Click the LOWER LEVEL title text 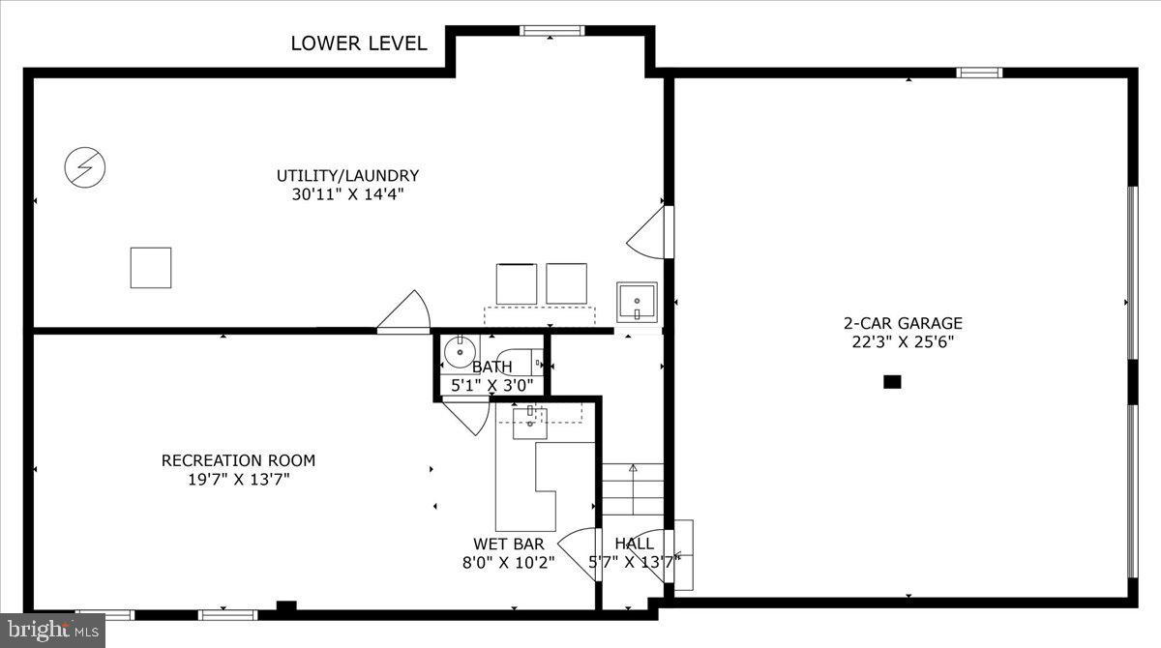pyautogui.click(x=359, y=43)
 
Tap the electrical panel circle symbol pyautogui.click(x=84, y=168)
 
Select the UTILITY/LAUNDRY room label pyautogui.click(x=347, y=176)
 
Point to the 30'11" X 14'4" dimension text pyautogui.click(x=347, y=194)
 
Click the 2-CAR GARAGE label pyautogui.click(x=903, y=324)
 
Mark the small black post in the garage pyautogui.click(x=892, y=382)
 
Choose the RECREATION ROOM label pyautogui.click(x=238, y=460)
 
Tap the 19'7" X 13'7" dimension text pyautogui.click(x=238, y=479)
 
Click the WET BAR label pyautogui.click(x=508, y=544)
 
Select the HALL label pyautogui.click(x=634, y=544)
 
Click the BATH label pyautogui.click(x=491, y=368)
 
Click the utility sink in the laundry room pyautogui.click(x=637, y=302)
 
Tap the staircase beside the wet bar pyautogui.click(x=633, y=489)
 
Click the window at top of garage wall pyautogui.click(x=979, y=73)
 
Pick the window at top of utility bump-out pyautogui.click(x=551, y=30)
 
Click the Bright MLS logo pyautogui.click(x=52, y=631)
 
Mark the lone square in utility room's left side pyautogui.click(x=151, y=268)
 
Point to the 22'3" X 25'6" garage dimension pyautogui.click(x=903, y=341)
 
